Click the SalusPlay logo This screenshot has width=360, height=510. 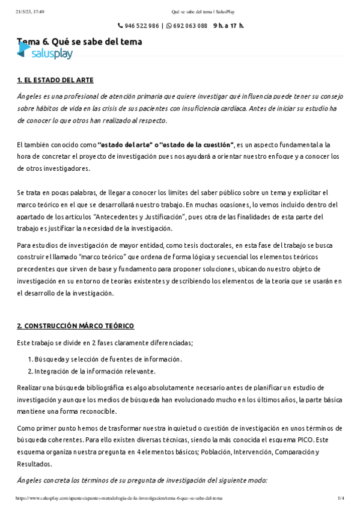pyautogui.click(x=44, y=54)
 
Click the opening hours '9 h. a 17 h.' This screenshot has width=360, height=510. pyautogui.click(x=228, y=26)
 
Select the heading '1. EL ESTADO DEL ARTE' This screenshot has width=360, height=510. pyautogui.click(x=55, y=80)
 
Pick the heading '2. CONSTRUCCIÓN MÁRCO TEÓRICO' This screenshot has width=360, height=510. pyautogui.click(x=75, y=326)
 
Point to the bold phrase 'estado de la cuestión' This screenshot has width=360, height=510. pyautogui.click(x=198, y=145)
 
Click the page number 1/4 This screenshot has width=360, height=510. pyautogui.click(x=341, y=499)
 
